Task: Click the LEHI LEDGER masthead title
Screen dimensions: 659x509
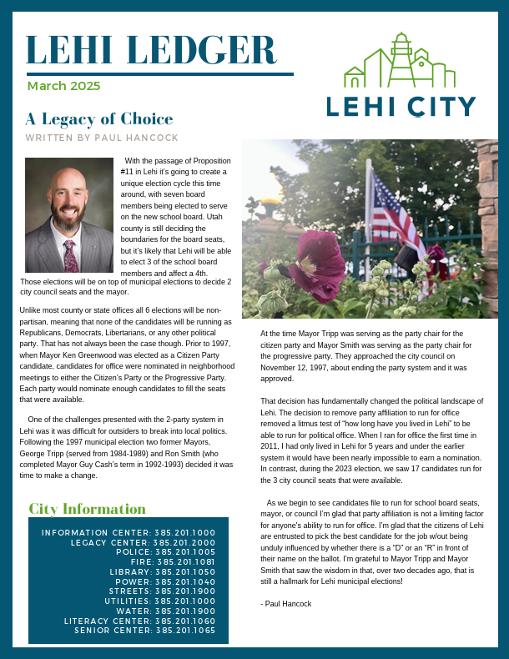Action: pos(150,49)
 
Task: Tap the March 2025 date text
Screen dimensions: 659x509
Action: pos(63,86)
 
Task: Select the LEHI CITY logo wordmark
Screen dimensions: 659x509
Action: pos(401,107)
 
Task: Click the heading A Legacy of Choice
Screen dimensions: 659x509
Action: pos(98,119)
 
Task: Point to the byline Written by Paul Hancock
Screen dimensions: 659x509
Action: pos(102,137)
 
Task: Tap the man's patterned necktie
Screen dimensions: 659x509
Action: pos(70,255)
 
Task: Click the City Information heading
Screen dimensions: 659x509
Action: pos(87,509)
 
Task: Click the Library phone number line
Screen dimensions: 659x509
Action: pos(162,572)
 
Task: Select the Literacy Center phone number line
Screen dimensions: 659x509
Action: pos(139,621)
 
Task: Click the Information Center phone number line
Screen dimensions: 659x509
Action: pos(129,532)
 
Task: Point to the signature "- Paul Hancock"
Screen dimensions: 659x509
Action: pos(285,603)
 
